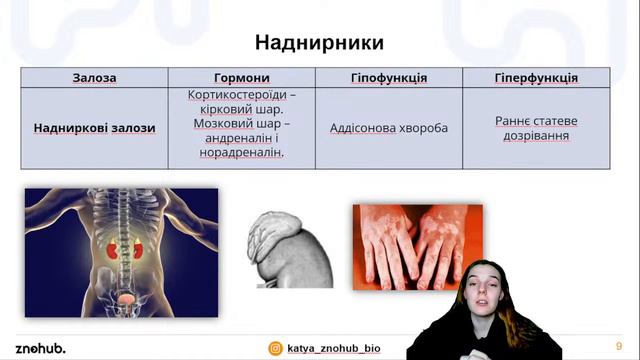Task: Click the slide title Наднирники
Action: coord(319,43)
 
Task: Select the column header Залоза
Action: coord(94,78)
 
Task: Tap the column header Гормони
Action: coord(241,78)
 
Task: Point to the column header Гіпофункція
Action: coord(389,78)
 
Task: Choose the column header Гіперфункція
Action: coord(536,78)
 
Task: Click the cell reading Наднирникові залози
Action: coord(94,128)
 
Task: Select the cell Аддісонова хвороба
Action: coord(389,128)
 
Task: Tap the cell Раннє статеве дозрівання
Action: coord(536,128)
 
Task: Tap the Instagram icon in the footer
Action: coord(275,348)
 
